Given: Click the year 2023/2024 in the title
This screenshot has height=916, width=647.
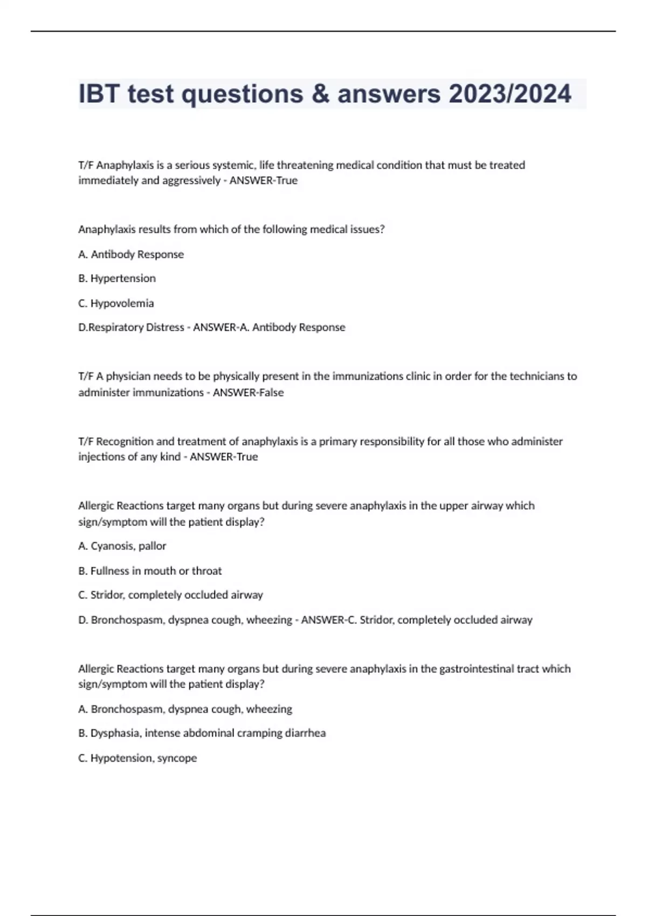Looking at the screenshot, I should tap(510, 94).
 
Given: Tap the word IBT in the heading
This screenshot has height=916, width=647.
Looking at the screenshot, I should tap(99, 94).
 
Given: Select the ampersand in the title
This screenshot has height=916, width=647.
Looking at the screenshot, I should tap(321, 94).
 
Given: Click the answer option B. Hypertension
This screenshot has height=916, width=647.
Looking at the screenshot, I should tap(117, 279).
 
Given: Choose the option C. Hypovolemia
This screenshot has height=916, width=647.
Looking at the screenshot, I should tap(116, 303).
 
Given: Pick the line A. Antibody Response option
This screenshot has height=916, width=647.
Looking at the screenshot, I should tap(131, 254).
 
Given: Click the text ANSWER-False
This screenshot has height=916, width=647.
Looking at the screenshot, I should tap(248, 393).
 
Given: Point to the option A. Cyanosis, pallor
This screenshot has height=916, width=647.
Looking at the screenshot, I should tap(122, 546).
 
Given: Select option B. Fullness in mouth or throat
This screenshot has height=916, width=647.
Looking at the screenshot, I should tap(150, 571).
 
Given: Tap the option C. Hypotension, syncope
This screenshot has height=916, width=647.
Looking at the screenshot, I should tap(137, 758).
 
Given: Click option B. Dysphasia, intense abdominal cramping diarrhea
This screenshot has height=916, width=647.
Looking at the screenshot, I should tap(202, 733).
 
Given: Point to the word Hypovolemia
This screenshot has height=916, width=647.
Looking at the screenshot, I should tap(122, 303).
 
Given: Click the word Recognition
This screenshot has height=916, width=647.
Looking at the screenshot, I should tap(125, 441).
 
